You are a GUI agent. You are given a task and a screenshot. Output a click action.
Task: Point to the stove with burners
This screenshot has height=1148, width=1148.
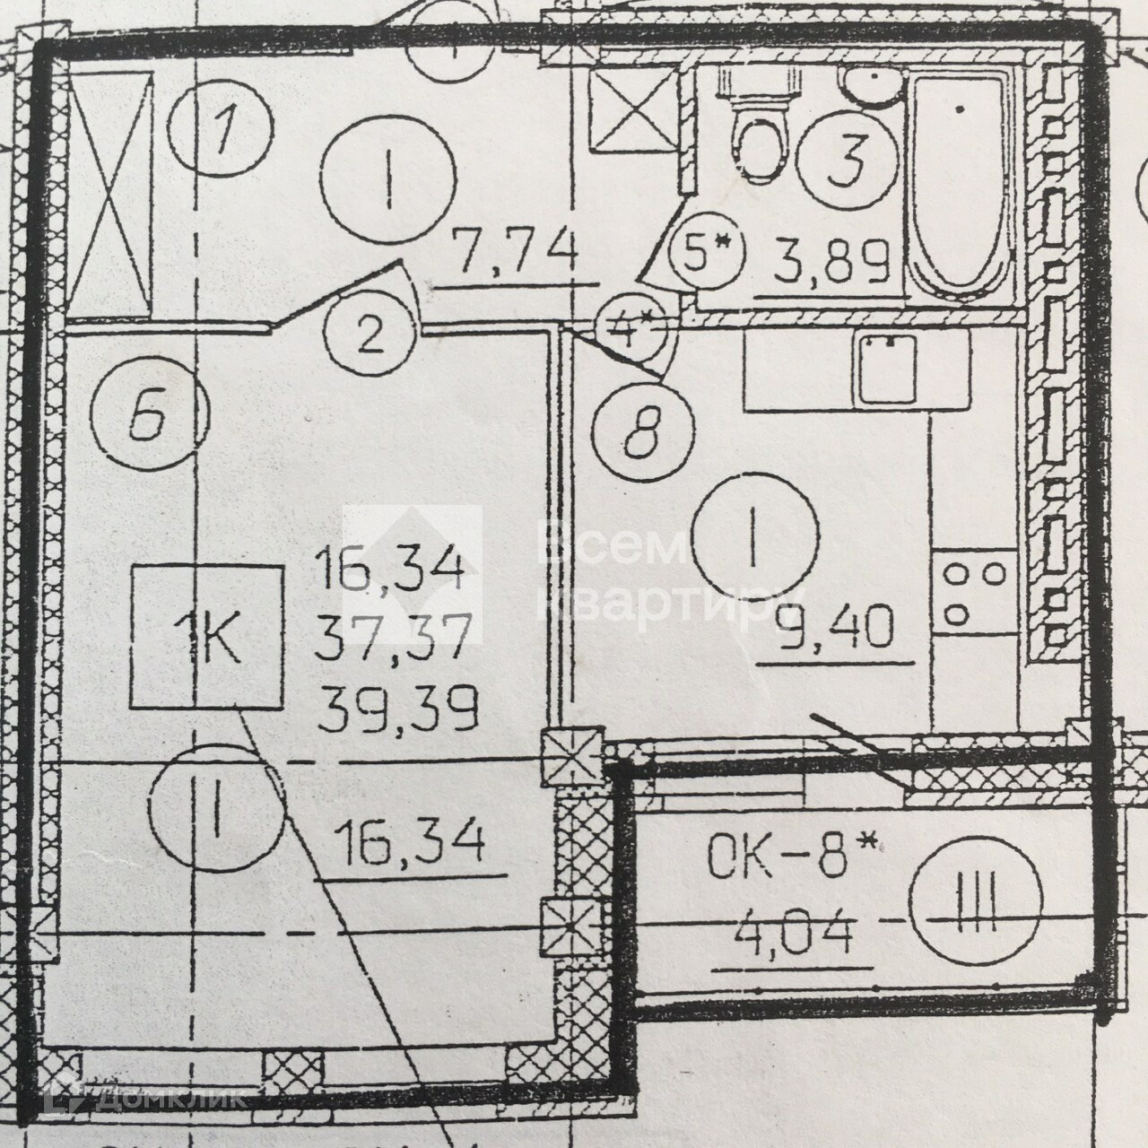point(972,593)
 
